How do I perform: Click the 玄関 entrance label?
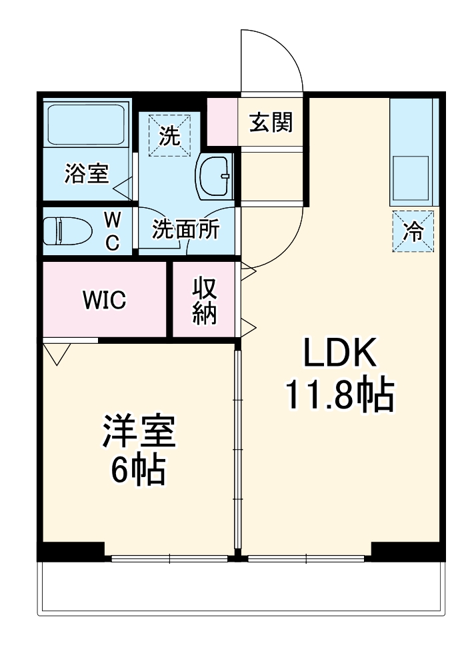(271, 122)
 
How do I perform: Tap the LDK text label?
(340, 352)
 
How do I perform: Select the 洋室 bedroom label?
(139, 430)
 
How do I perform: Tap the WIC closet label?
(104, 299)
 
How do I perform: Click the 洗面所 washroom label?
(185, 229)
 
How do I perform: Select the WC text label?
(113, 231)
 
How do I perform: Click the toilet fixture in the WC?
(68, 231)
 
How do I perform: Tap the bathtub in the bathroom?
(86, 125)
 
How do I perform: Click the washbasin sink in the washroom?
(215, 176)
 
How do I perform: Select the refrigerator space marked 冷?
(413, 231)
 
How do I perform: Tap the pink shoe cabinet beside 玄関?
(223, 121)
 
